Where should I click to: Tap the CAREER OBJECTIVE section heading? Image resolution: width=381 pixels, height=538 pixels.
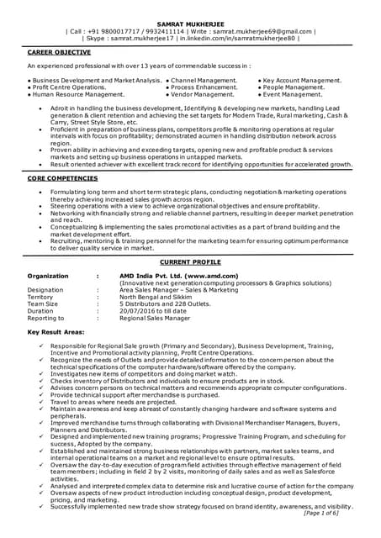(x=62, y=51)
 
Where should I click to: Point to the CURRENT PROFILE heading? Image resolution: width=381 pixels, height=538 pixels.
(x=190, y=262)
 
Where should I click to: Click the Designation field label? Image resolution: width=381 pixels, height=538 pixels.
(x=45, y=290)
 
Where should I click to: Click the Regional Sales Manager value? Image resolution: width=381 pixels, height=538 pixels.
(x=154, y=319)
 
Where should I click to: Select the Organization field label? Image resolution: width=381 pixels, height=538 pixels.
(x=48, y=275)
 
